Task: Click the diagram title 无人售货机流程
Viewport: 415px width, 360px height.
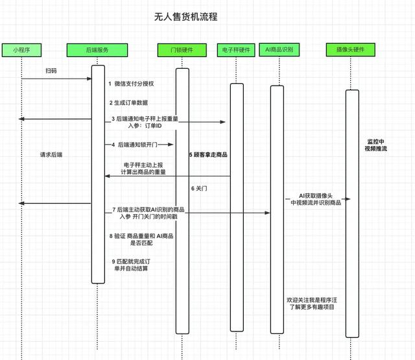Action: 186,17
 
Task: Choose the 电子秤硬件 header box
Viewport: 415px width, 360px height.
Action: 235,49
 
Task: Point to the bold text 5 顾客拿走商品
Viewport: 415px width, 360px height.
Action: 208,155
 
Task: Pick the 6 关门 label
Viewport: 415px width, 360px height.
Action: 200,188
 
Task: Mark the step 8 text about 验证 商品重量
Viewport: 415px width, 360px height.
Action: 139,239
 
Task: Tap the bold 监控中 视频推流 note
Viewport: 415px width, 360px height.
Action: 375,145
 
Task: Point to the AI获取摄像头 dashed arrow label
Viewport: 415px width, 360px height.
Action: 316,199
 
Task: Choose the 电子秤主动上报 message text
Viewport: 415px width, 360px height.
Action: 145,168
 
